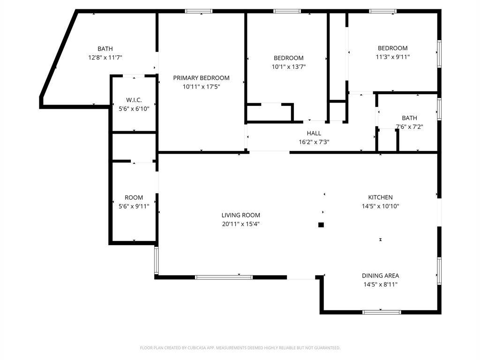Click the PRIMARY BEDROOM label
tap(201, 78)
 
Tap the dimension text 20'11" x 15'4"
tap(240, 224)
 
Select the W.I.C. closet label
tap(134, 100)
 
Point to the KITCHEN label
tap(380, 197)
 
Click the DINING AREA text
tap(380, 276)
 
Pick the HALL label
tap(314, 134)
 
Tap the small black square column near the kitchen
tap(321, 225)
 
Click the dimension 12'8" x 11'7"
tap(105, 57)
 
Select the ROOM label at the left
tap(134, 197)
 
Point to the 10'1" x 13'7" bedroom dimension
tap(289, 67)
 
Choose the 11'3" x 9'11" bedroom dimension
tap(393, 57)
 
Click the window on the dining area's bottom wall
tap(382, 312)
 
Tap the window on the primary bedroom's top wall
tap(199, 11)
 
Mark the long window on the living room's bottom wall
tap(224, 277)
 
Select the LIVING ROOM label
tap(240, 215)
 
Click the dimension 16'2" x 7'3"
tap(314, 142)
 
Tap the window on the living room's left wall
tap(157, 260)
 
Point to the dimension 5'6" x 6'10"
tap(134, 109)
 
